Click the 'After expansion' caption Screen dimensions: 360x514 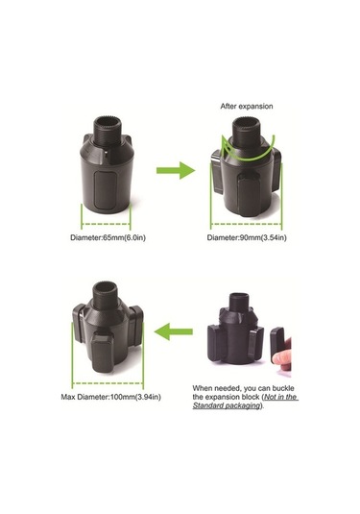click(x=247, y=107)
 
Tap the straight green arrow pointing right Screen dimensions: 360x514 click(x=176, y=170)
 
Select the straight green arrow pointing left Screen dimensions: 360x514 click(x=174, y=331)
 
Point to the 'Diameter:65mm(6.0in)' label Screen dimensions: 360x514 click(x=108, y=237)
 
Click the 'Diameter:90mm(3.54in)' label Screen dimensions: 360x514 click(x=247, y=237)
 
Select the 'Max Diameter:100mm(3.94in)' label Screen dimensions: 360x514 click(x=110, y=397)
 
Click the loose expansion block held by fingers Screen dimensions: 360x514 click(x=276, y=344)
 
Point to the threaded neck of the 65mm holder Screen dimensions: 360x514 click(x=108, y=130)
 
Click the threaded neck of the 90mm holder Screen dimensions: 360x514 click(x=246, y=131)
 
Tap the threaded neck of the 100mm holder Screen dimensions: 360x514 click(x=106, y=295)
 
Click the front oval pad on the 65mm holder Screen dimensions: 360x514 click(x=106, y=190)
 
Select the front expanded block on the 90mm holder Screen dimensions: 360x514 click(x=249, y=195)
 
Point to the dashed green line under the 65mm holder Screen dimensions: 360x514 click(x=106, y=224)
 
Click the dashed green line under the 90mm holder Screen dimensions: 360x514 click(x=246, y=224)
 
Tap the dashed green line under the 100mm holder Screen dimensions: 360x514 click(x=108, y=383)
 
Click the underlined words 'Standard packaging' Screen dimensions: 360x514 click(x=226, y=405)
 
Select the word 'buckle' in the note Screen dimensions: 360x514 click(x=282, y=388)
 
